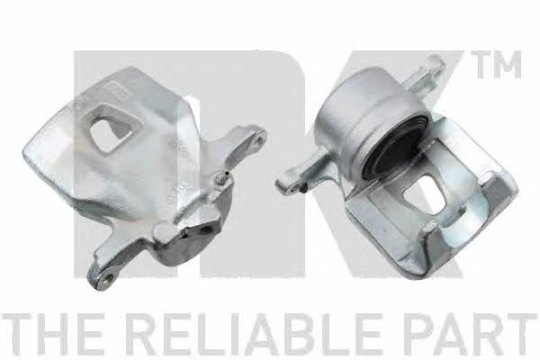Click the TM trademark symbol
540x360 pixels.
coord(496,65)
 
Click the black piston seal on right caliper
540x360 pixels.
coord(395,148)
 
